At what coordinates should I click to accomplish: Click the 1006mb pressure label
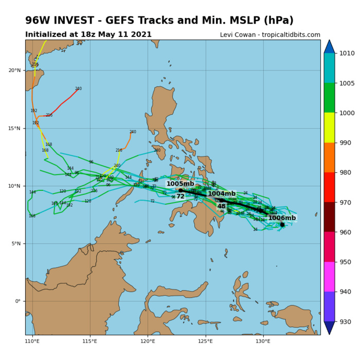(x=282, y=218)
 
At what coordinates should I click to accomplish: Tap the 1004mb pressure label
(x=222, y=194)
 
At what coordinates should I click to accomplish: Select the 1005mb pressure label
(x=180, y=184)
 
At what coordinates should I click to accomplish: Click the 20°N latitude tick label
(x=14, y=70)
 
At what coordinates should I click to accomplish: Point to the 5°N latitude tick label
(x=16, y=244)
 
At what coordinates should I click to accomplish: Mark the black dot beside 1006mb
(x=282, y=224)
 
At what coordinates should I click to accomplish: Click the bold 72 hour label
(x=180, y=196)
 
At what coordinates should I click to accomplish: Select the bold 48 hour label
(x=221, y=206)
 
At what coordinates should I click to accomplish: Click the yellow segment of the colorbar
(x=329, y=128)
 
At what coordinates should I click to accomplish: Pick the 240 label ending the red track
(x=78, y=88)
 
